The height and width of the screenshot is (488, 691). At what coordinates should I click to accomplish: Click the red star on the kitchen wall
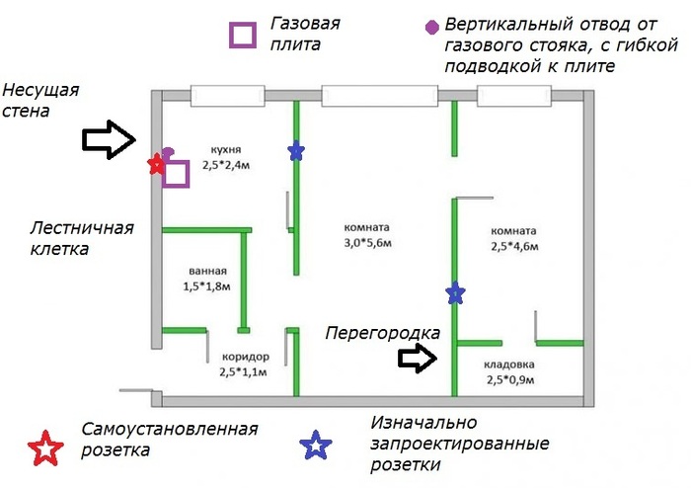[155, 165]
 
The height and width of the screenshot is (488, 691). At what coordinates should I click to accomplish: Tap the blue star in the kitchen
[296, 150]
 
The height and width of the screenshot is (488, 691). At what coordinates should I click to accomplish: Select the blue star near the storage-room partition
[454, 293]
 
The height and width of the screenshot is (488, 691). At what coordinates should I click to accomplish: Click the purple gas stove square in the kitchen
[176, 174]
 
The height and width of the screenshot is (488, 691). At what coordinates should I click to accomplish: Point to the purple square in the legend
[242, 35]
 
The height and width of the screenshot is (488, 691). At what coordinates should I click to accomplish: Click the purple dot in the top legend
[430, 26]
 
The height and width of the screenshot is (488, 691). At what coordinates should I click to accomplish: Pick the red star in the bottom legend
[45, 448]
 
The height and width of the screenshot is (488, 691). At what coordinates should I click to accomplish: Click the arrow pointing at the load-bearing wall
[108, 140]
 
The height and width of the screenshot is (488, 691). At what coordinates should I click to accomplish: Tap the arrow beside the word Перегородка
[419, 358]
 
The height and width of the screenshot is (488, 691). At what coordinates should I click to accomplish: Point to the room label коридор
[245, 358]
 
